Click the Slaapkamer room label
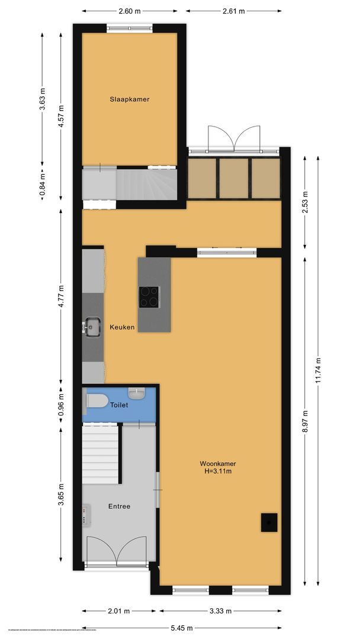pos(129,99)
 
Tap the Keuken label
pos(122,327)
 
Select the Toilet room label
pos(119,405)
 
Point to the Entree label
pos(119,506)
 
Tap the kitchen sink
pos(92,327)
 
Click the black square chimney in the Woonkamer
pos(269,522)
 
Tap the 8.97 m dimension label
pos(305,421)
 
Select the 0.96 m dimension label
pos(61,405)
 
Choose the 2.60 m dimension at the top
pos(130,11)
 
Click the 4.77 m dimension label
pos(61,299)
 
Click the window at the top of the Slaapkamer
pos(129,27)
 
